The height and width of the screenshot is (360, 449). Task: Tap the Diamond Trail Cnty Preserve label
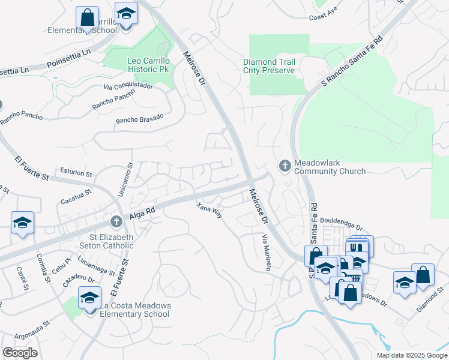[268, 66]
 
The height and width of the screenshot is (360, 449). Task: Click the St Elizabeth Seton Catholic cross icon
[117, 222]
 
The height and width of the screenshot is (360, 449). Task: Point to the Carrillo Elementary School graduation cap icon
[126, 13]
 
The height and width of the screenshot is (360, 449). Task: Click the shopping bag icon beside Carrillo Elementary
[88, 17]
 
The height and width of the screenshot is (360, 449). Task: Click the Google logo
[20, 353]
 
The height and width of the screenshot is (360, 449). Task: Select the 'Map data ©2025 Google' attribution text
[411, 355]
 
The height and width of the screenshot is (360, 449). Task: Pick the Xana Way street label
[209, 211]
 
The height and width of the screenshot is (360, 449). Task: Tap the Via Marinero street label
[266, 253]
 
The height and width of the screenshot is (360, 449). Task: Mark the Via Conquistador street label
[128, 86]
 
